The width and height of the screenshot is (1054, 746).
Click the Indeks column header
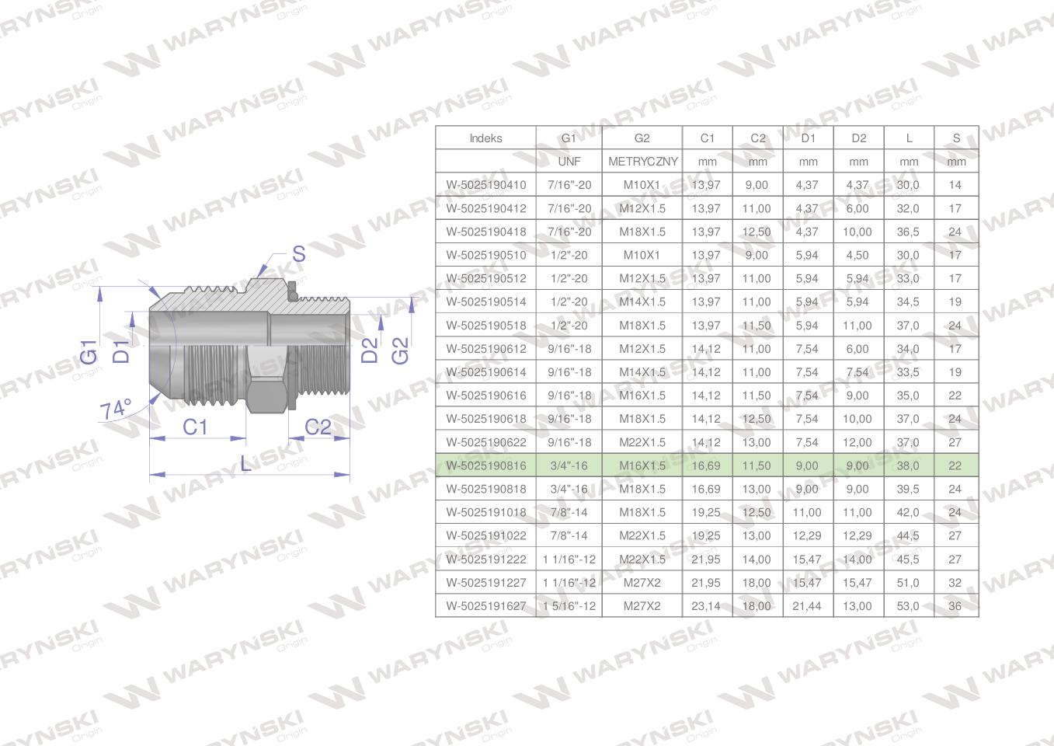tap(485, 138)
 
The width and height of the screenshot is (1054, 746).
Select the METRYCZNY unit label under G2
tap(643, 162)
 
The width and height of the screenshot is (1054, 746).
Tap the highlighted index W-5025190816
tap(486, 465)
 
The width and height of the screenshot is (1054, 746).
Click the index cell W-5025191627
tap(486, 606)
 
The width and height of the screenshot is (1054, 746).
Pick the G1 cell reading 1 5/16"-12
tap(569, 606)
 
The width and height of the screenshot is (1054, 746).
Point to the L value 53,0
tap(908, 606)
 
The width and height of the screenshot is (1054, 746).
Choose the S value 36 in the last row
tap(955, 606)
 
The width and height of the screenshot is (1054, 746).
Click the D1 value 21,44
tap(806, 606)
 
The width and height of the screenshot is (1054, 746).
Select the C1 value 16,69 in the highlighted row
tap(706, 465)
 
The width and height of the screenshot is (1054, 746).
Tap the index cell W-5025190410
tap(486, 185)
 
